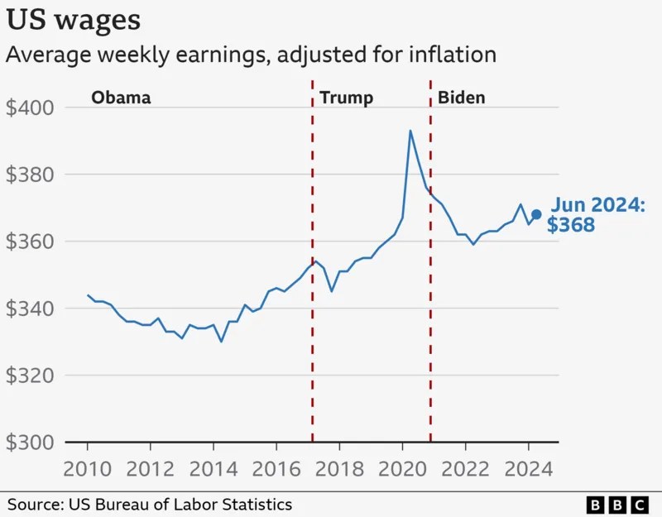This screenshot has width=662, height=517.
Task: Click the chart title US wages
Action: [x=74, y=19]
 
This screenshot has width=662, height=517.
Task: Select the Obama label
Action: [x=121, y=98]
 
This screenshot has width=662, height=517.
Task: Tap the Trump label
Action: [x=346, y=98]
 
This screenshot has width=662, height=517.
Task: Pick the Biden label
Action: [x=461, y=98]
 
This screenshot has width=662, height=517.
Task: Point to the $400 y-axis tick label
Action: [x=30, y=108]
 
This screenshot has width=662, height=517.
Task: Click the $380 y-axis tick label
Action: [x=30, y=175]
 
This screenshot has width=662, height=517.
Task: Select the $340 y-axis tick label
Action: [x=30, y=309]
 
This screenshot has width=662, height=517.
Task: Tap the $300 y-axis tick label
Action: [x=30, y=443]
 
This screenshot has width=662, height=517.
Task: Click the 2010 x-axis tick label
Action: [x=88, y=470]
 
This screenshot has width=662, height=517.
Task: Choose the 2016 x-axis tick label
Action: [x=276, y=470]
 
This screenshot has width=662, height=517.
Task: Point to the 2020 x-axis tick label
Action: [x=401, y=470]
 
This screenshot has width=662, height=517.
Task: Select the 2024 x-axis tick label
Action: [x=527, y=470]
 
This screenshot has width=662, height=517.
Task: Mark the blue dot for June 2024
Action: [x=536, y=214]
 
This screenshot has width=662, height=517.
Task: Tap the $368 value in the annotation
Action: [x=571, y=224]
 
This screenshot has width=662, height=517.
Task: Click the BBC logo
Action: [x=617, y=504]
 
